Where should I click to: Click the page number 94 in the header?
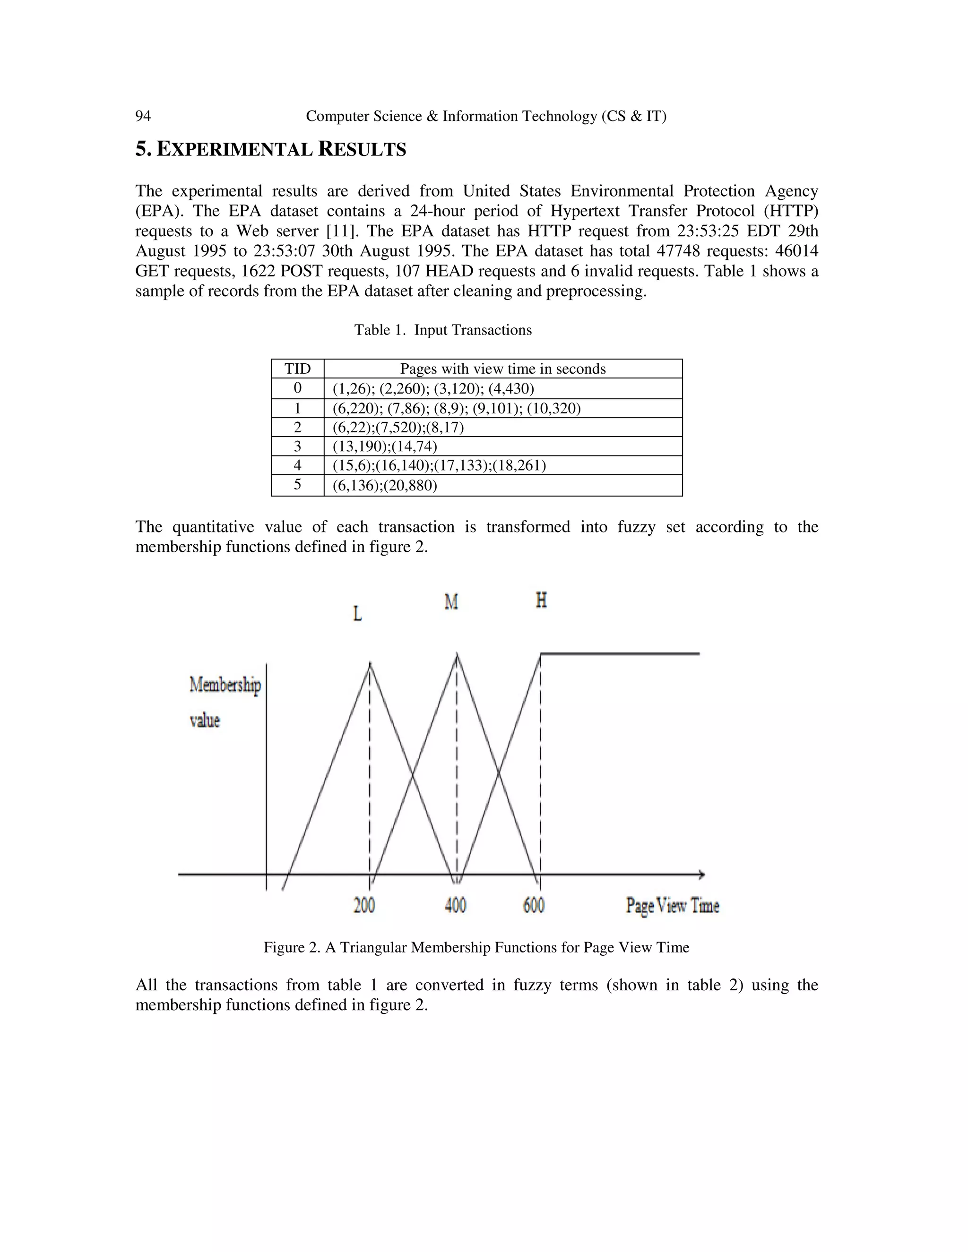(143, 116)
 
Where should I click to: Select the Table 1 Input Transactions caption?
(443, 330)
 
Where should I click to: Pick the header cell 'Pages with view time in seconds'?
(502, 369)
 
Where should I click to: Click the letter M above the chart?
(451, 602)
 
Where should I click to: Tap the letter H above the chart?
(541, 600)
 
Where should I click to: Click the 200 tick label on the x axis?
(363, 905)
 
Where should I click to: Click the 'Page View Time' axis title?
(672, 906)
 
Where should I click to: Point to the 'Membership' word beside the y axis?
(225, 685)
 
